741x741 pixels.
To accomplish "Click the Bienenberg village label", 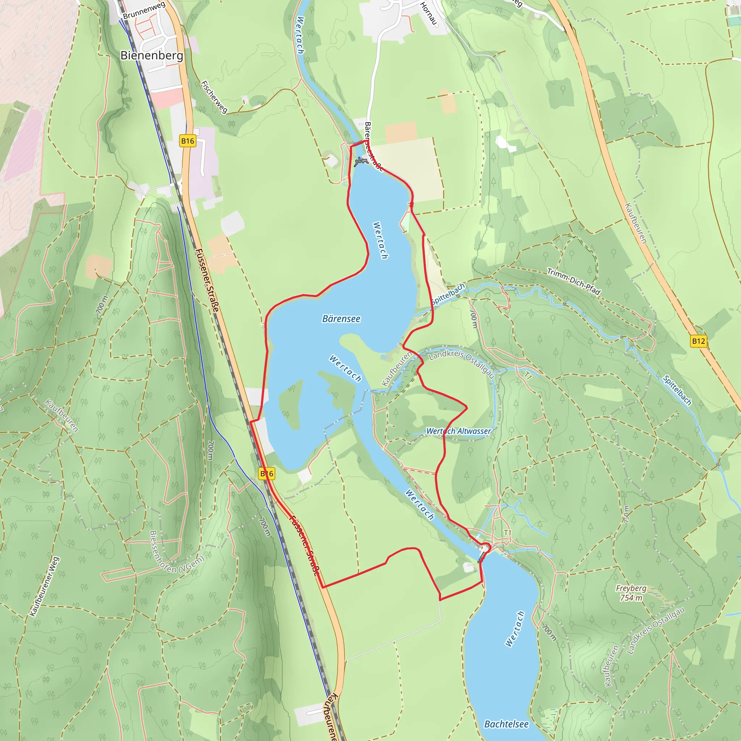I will [152, 56].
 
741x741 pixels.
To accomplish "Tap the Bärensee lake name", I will [341, 319].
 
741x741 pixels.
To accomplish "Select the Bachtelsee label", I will [506, 724].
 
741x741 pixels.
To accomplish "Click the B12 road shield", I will [698, 341].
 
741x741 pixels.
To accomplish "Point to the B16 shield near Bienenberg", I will [187, 141].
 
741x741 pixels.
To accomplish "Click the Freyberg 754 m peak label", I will [631, 593].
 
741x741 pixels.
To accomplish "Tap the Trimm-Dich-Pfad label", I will [573, 281].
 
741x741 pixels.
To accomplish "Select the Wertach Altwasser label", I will [458, 431].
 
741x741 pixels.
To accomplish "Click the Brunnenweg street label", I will [144, 10].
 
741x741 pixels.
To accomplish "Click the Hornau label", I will [428, 13].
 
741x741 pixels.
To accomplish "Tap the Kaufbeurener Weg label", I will [45, 587].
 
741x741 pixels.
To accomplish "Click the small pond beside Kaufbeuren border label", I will [384, 357].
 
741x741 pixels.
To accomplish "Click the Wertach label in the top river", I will [300, 35].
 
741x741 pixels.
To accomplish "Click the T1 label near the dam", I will [507, 533].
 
